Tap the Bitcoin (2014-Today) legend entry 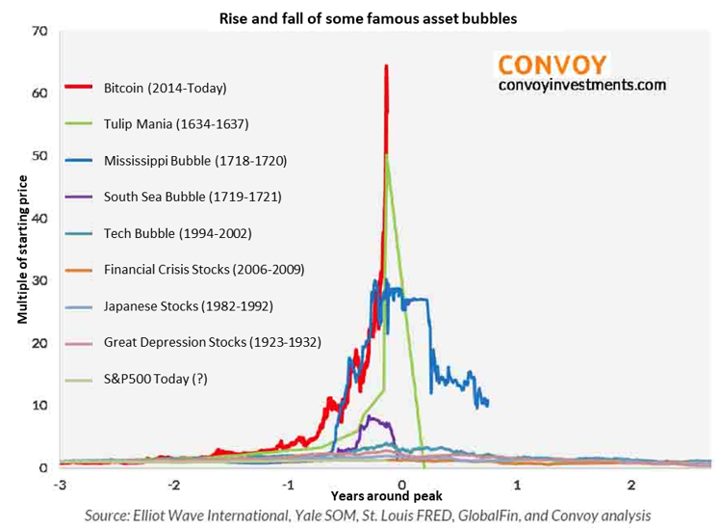165,89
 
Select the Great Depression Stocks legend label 212,341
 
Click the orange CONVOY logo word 552,65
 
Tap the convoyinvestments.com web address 581,85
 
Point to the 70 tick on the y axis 39,32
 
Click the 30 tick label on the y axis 39,280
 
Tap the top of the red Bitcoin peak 386,66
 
